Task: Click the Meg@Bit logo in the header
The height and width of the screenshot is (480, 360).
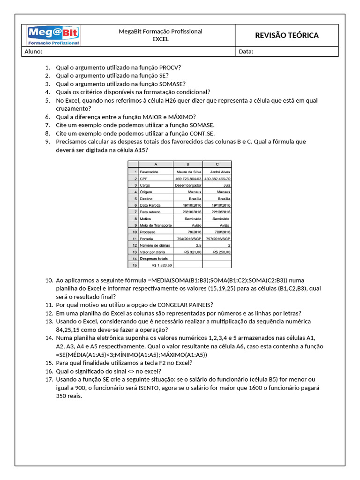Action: pos(53,36)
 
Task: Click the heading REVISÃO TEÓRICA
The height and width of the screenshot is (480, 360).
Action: pos(286,36)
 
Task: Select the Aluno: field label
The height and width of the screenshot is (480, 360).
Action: pos(33,52)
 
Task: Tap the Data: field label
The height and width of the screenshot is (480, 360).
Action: pos(246,52)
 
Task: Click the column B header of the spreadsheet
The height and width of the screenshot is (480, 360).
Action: pos(188,164)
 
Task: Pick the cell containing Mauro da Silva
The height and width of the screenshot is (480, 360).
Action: pos(188,172)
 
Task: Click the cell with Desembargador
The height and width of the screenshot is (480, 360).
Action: pos(188,185)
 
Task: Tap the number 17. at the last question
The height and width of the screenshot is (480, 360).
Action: pos(49,379)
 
